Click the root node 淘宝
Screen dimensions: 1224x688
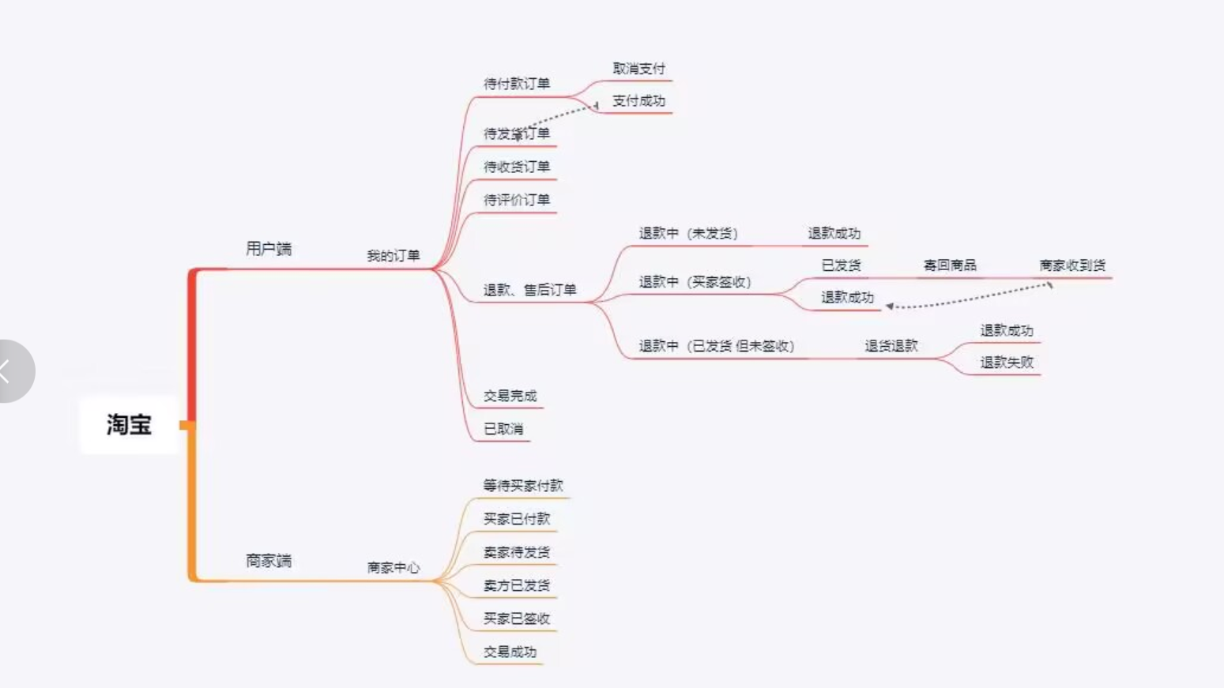point(129,425)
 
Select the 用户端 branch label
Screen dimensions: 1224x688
point(269,249)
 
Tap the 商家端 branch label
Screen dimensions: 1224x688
point(269,561)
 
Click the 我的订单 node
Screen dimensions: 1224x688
point(393,256)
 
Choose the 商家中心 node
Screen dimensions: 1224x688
point(393,568)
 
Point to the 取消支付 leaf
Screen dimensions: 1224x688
point(638,69)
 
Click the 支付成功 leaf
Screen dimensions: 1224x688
point(638,101)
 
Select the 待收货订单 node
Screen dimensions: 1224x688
point(517,167)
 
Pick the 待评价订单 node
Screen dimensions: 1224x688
point(517,200)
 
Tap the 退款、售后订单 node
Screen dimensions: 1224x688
point(529,290)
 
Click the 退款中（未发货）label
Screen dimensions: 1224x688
point(687,234)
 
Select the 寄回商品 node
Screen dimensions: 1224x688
point(950,265)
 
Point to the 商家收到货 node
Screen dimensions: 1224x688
point(1072,265)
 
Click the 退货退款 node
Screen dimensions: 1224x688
point(891,346)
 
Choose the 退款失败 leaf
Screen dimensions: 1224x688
point(1007,363)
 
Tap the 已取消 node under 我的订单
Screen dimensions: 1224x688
point(503,429)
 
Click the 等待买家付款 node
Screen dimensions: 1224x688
point(523,486)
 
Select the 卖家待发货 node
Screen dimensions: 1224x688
point(517,552)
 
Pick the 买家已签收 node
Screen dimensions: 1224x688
point(517,618)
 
